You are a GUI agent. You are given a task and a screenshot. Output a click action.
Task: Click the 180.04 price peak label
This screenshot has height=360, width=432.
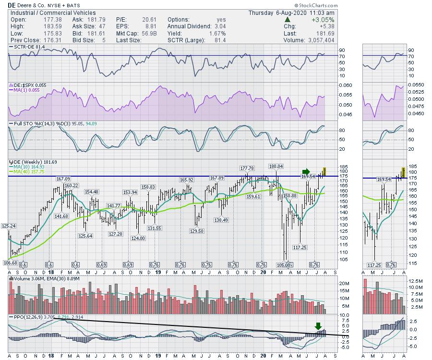(x=276, y=166)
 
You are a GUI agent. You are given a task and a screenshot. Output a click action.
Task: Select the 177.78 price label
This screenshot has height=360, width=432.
(x=248, y=168)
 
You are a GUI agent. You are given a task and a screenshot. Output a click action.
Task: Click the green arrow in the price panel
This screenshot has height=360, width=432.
(x=306, y=171)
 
